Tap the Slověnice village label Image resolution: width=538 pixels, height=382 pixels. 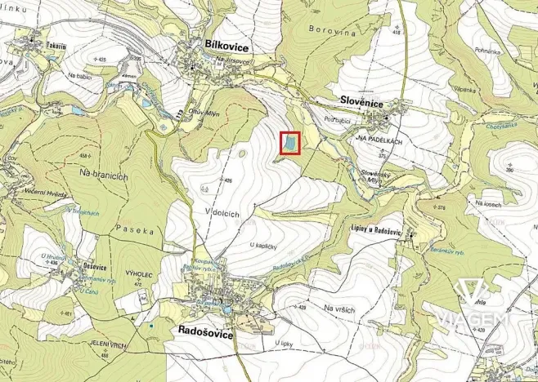[363, 100]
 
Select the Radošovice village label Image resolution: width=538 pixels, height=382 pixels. [205, 334]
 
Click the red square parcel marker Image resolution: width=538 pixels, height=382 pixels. [291, 144]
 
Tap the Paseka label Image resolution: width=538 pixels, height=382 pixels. [134, 230]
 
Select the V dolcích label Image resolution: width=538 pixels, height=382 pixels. [221, 213]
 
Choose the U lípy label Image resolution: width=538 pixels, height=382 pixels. [285, 344]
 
